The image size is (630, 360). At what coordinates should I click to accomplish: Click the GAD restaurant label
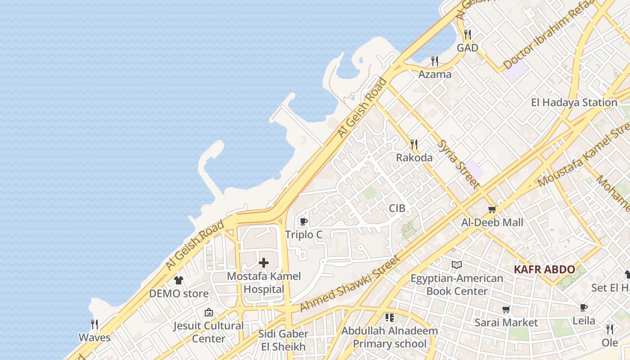pos(468,47)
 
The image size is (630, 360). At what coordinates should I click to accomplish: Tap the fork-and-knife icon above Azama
pos(435,61)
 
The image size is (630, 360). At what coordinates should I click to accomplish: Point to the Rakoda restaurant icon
pos(414,144)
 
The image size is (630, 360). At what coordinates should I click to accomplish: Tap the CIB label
pos(397,208)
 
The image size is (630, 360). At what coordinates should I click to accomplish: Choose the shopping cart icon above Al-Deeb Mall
pos(492,209)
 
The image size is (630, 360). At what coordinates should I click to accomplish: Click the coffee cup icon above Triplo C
pos(303,221)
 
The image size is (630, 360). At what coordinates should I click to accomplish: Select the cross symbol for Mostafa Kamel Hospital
pos(264,263)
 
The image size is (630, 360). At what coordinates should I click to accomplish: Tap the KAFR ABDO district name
pos(544,270)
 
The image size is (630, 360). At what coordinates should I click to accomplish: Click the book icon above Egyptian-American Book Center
pos(457,265)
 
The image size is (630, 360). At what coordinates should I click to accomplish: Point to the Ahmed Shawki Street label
pos(350,284)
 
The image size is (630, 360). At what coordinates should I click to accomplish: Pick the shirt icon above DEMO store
pos(179,280)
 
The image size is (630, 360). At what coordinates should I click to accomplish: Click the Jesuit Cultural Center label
pos(209,332)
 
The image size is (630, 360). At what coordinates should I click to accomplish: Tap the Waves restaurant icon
pos(94,324)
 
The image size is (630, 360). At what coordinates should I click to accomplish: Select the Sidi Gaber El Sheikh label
pos(283,340)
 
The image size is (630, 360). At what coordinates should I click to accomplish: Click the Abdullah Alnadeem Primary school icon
pos(390,318)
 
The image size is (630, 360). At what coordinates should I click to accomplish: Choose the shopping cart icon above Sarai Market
pos(506,310)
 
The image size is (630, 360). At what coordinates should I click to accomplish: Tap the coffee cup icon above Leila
pos(584,307)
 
